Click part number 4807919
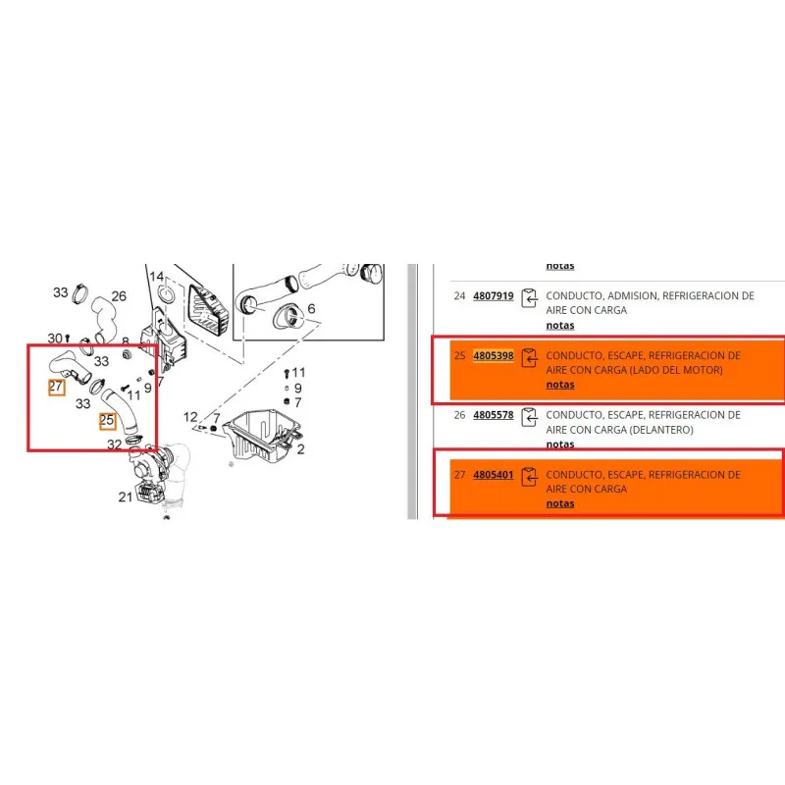[494, 296]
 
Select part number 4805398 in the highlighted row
[494, 355]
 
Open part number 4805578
[494, 415]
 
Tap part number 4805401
[494, 475]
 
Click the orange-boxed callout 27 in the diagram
[56, 387]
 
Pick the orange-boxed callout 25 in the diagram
[107, 420]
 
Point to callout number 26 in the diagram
[119, 296]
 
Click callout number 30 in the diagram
[55, 339]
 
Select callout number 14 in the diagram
[157, 277]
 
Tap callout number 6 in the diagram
[311, 308]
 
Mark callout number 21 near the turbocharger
[126, 497]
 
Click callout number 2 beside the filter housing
[300, 449]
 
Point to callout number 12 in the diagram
[190, 416]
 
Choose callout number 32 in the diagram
[114, 445]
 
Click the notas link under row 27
[560, 503]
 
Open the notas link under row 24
[560, 326]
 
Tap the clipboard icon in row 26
[529, 418]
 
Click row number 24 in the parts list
[459, 296]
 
